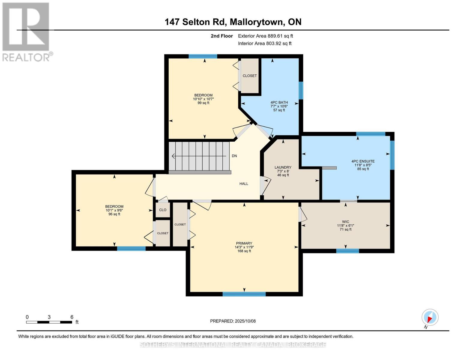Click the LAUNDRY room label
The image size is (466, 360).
point(283,167)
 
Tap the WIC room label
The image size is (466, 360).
point(345,221)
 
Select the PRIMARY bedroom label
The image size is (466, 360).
point(244,243)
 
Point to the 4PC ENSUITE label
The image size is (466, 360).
point(363,161)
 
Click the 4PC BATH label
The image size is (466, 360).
point(279,103)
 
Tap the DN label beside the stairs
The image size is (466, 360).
point(234,156)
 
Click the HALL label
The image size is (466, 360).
point(244,184)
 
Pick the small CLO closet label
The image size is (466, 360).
point(163,210)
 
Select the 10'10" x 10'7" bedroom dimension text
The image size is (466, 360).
point(203,99)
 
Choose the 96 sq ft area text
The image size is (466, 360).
point(114,214)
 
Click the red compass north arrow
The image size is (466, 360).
point(430,320)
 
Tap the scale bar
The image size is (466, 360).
point(49,322)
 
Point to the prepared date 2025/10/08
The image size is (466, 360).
point(245,321)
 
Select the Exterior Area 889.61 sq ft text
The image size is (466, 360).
point(266,36)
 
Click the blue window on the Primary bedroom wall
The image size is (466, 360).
point(244,294)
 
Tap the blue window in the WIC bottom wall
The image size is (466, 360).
point(347,251)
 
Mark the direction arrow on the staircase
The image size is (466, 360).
point(199,156)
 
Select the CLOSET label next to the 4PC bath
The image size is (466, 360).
point(250,76)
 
